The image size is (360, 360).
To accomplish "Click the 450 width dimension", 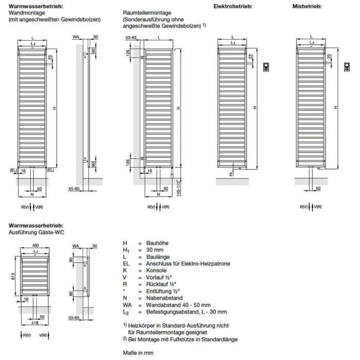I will (x=35, y=246).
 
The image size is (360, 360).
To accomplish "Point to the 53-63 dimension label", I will (x=132, y=38).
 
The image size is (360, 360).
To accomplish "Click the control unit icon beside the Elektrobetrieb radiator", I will (x=266, y=66).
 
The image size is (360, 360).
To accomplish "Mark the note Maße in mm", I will (x=138, y=353).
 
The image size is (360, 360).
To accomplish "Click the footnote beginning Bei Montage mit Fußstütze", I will (x=183, y=339).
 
